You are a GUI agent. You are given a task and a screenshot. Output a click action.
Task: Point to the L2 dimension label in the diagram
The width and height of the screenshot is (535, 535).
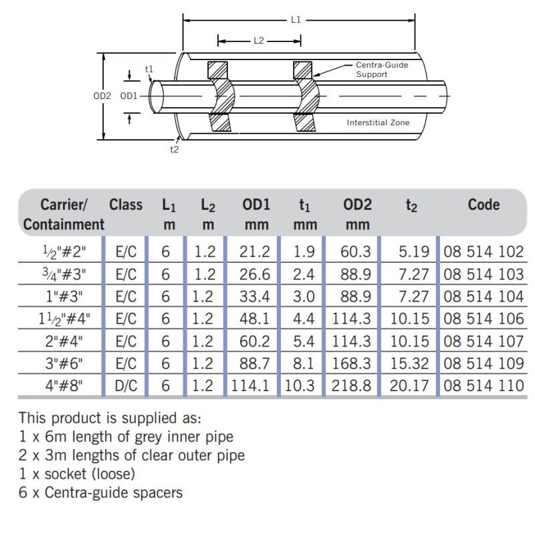[259, 41]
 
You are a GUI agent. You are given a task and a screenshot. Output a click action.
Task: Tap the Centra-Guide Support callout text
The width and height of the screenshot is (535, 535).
[381, 70]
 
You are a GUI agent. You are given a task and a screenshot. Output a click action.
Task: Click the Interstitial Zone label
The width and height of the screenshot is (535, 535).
[378, 122]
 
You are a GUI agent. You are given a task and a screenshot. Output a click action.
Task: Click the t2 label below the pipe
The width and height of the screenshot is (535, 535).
[174, 149]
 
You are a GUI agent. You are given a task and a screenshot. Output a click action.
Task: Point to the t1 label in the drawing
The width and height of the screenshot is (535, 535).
[149, 69]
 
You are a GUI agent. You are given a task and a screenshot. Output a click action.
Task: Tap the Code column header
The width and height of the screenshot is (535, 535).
[484, 205]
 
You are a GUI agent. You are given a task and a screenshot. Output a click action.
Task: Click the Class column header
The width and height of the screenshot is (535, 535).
[126, 205]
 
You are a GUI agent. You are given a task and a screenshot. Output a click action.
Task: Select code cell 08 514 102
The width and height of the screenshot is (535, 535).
[483, 252]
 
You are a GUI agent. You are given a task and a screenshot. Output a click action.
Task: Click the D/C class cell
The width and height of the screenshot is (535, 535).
[126, 385]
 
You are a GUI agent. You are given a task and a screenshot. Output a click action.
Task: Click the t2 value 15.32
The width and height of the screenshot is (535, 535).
[409, 363]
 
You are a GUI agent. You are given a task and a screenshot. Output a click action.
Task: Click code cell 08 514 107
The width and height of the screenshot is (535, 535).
[483, 341]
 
